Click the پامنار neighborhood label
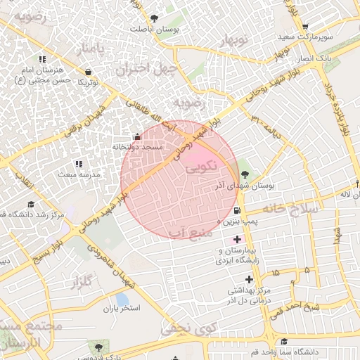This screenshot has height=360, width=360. (x=94, y=50)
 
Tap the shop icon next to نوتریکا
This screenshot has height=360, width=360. (x=88, y=72)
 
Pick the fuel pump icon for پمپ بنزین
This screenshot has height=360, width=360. (x=236, y=211)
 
